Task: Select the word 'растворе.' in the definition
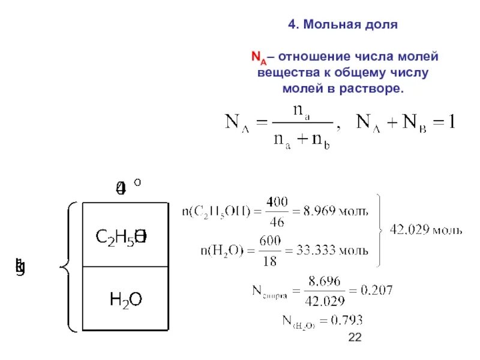[374, 88]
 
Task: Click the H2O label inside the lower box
[125, 298]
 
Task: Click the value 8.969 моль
[336, 211]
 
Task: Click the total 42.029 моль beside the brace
[426, 229]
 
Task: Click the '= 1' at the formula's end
[444, 123]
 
